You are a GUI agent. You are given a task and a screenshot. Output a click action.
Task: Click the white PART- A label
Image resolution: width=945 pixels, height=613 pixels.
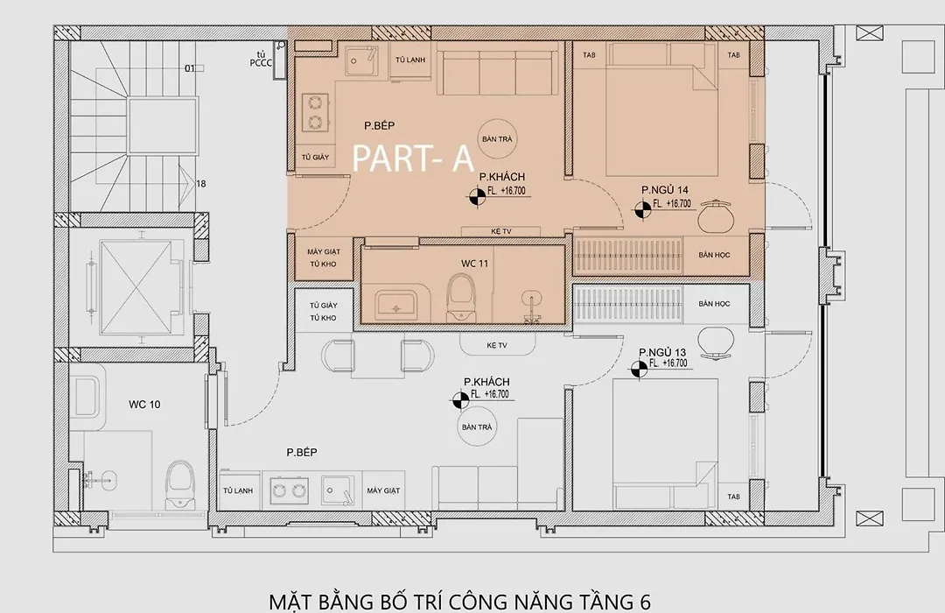click(x=412, y=159)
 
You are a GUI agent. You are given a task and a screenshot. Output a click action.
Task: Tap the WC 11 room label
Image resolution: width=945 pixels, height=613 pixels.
click(x=474, y=264)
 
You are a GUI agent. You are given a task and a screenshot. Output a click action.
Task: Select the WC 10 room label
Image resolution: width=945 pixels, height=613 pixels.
click(x=144, y=405)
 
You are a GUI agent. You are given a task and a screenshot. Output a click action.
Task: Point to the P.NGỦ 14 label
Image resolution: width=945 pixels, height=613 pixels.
click(x=665, y=190)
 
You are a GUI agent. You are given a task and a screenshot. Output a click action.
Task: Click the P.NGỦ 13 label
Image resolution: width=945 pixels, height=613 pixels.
click(x=662, y=352)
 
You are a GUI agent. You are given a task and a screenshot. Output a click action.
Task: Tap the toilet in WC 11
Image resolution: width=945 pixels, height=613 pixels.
click(x=462, y=297)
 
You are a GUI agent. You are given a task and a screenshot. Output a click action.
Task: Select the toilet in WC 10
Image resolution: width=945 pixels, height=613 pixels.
click(x=179, y=483)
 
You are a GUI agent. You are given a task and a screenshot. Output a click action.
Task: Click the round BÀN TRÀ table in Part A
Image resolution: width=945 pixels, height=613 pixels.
click(x=497, y=138)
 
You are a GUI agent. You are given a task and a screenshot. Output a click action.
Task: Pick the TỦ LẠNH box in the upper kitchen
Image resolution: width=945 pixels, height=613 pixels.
click(x=410, y=60)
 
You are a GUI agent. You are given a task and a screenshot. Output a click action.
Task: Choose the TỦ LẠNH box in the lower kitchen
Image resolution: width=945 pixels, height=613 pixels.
click(x=238, y=490)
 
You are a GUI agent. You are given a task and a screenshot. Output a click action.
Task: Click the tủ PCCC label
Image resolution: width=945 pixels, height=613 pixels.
click(x=261, y=59)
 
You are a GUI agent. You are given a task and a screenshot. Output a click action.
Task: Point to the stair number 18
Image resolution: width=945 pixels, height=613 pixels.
click(x=201, y=183)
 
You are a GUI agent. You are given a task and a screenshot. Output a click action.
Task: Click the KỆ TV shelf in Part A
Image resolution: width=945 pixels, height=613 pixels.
click(x=500, y=232)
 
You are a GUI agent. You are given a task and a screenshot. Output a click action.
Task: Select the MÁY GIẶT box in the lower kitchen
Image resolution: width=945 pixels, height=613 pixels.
click(x=383, y=490)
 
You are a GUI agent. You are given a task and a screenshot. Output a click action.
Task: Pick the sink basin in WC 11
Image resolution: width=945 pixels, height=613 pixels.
click(x=396, y=306)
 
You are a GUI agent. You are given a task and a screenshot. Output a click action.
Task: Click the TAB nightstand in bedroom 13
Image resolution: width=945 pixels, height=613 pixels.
click(x=733, y=497)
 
